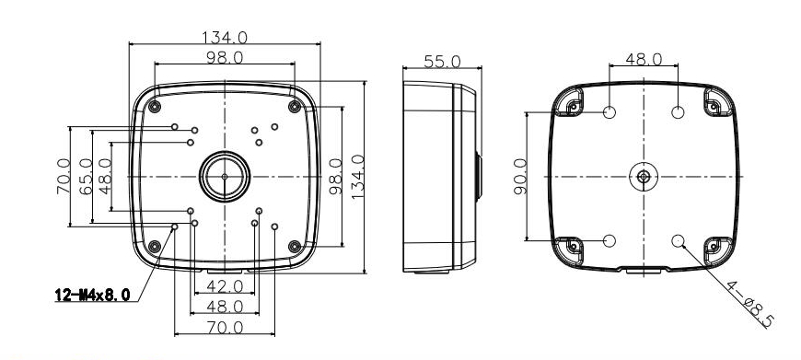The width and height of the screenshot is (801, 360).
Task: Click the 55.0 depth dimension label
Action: (442, 62)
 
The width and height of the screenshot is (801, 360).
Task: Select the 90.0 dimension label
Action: (520, 176)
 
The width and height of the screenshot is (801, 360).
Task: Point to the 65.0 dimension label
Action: (86, 176)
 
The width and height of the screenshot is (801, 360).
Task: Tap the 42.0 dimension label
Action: (225, 286)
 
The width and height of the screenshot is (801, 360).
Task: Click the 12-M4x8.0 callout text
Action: (92, 295)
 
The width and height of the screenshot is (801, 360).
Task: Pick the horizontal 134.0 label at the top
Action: (225, 37)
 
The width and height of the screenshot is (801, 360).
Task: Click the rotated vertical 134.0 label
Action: (357, 177)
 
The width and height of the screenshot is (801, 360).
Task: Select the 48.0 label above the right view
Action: (644, 59)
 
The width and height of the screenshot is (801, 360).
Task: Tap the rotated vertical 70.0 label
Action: (64, 176)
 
